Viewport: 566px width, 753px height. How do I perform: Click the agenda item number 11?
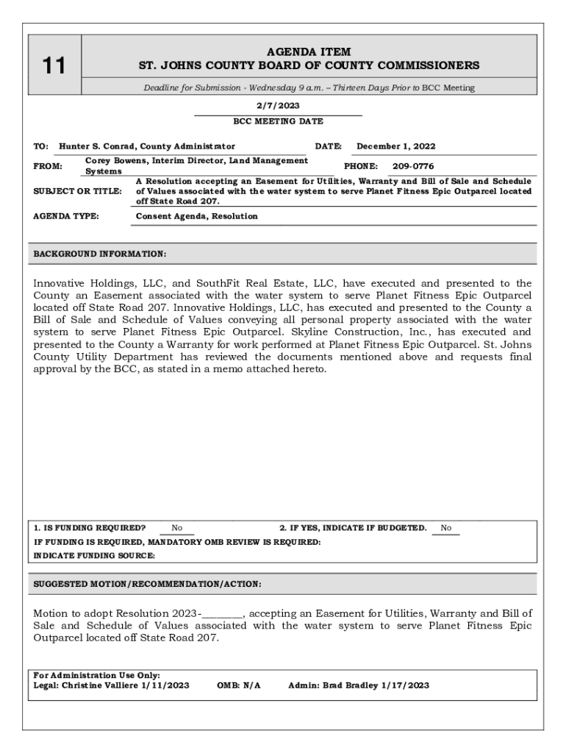point(53,66)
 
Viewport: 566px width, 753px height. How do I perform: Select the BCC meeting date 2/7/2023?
point(278,106)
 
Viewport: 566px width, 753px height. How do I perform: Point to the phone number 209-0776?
point(413,166)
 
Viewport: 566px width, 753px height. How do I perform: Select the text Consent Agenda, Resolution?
point(197,216)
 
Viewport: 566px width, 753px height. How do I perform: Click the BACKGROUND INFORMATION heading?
point(100,254)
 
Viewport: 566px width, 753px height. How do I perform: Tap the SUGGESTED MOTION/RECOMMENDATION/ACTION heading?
point(147,585)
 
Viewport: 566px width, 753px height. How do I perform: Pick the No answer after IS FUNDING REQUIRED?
point(177,528)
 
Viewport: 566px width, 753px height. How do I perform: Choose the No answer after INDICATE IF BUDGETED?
point(446,528)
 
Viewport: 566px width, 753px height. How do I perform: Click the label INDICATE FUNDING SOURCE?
point(94,556)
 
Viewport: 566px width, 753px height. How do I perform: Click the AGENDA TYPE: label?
point(66,216)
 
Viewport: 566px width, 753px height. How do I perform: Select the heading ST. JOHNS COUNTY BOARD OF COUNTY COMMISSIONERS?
point(309,65)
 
